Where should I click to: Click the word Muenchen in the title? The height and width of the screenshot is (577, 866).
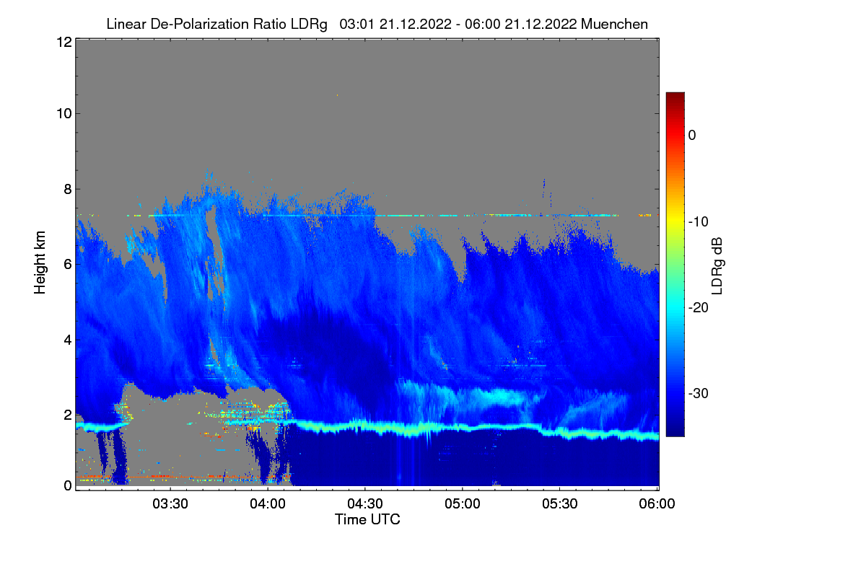point(614,25)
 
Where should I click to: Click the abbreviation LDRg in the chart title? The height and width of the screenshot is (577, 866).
point(309,25)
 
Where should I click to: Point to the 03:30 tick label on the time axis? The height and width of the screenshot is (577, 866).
point(170,504)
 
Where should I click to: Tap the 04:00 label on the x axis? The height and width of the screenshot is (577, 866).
point(268,504)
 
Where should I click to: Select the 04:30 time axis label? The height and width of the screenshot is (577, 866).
point(365,504)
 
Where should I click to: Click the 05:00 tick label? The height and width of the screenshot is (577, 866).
point(463,504)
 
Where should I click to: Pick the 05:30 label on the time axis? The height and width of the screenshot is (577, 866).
point(560,504)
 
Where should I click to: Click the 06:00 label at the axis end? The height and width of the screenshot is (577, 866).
point(657,504)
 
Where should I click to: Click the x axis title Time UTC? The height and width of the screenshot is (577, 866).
point(367,519)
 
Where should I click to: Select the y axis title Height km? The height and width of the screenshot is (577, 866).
point(40,263)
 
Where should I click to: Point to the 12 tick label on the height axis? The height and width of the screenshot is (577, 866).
point(64,42)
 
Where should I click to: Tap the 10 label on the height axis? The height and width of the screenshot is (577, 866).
point(64,114)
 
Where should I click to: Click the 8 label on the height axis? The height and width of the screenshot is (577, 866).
point(68,189)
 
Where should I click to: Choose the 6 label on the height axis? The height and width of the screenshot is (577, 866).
point(68,265)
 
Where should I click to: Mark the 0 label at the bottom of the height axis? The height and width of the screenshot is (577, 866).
point(68,486)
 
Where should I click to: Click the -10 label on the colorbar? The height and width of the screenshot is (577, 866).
point(699,222)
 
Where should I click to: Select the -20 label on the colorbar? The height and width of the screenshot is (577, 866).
point(699,308)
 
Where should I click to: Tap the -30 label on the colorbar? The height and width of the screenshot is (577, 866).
point(699,394)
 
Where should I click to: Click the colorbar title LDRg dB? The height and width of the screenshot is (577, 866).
point(717,266)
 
